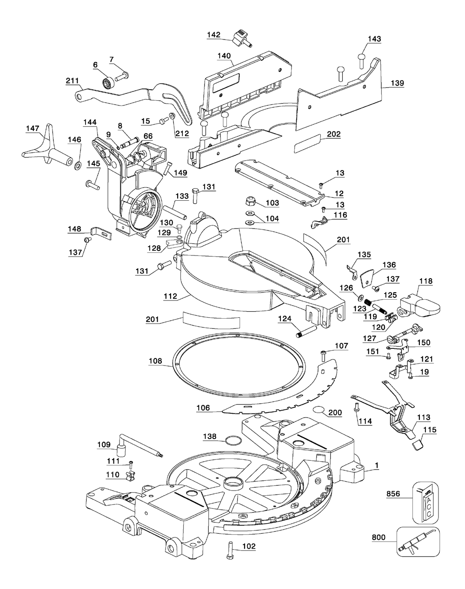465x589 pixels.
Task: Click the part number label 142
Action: tap(213, 35)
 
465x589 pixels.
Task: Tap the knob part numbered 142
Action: tap(242, 39)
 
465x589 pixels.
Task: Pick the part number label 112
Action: tap(171, 296)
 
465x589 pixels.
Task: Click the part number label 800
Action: tap(379, 537)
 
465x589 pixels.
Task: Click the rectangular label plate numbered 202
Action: tap(307, 143)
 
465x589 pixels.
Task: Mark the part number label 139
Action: tap(397, 83)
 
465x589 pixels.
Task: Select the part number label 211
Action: tap(73, 81)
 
